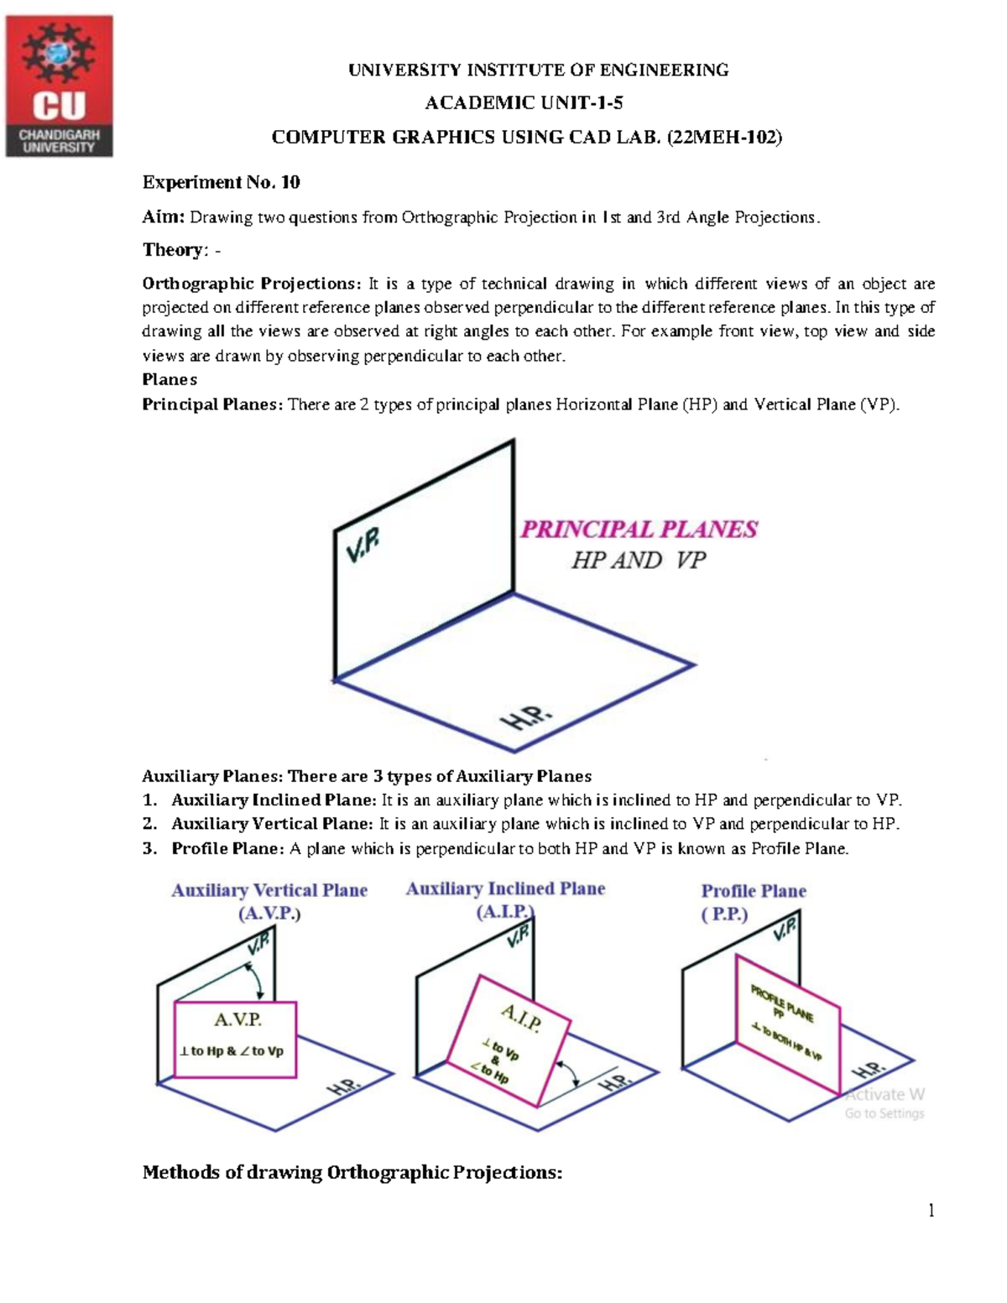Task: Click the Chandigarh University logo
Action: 60,86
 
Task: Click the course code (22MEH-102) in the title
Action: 724,138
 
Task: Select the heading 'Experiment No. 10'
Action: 221,182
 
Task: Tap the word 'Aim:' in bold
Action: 163,217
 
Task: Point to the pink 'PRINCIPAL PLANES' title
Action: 639,529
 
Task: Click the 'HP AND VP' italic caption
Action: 638,560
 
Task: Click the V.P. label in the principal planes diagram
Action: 363,548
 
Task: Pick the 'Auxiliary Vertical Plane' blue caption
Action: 269,890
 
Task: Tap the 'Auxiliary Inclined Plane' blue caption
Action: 505,889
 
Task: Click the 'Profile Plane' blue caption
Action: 754,891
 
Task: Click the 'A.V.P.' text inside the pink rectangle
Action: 237,1019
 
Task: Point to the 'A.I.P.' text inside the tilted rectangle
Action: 521,1017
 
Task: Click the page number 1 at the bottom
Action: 931,1210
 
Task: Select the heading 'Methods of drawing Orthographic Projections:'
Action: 352,1172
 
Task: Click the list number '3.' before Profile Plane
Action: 149,848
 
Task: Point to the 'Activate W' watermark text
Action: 884,1094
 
